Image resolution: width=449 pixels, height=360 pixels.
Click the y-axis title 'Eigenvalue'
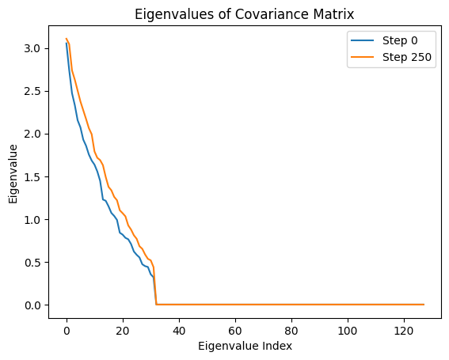pyautogui.click(x=13, y=172)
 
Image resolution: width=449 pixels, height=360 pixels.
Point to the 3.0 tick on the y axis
pyautogui.click(x=33, y=48)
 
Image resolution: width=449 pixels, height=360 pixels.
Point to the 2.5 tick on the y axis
pyautogui.click(x=33, y=91)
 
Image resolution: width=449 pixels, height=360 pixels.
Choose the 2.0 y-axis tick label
pyautogui.click(x=33, y=134)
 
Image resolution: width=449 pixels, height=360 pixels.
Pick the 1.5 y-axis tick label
pyautogui.click(x=33, y=176)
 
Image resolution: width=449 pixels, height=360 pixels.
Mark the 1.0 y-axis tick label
pyautogui.click(x=33, y=219)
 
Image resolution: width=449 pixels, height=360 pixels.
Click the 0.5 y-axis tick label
pyautogui.click(x=33, y=262)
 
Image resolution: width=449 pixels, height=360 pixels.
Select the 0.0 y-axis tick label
pyautogui.click(x=33, y=305)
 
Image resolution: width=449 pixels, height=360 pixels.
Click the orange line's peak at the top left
pyautogui.click(x=67, y=39)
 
